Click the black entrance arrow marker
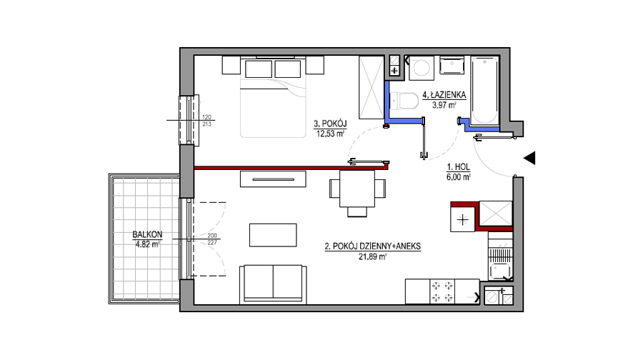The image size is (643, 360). pyautogui.click(x=529, y=158)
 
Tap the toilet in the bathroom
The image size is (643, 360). pyautogui.click(x=402, y=101)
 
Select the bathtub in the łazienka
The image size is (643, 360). pyautogui.click(x=484, y=90)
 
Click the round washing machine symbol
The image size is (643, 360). pyautogui.click(x=421, y=68)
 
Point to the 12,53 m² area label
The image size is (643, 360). pyautogui.click(x=329, y=134)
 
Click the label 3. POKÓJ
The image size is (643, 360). pyautogui.click(x=330, y=124)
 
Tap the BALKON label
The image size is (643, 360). pyautogui.click(x=147, y=234)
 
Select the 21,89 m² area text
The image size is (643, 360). pyautogui.click(x=372, y=256)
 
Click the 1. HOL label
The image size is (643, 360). pyautogui.click(x=459, y=167)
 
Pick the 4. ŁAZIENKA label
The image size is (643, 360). pyautogui.click(x=444, y=95)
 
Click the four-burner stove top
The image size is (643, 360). pyautogui.click(x=442, y=291)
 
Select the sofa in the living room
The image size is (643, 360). pyautogui.click(x=273, y=284)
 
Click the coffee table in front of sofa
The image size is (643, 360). pyautogui.click(x=273, y=235)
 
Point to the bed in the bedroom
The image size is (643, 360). pyautogui.click(x=273, y=98)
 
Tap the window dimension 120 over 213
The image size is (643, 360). pyautogui.click(x=206, y=121)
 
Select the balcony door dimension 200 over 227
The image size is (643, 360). pyautogui.click(x=212, y=239)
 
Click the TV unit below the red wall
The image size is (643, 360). pyautogui.click(x=273, y=179)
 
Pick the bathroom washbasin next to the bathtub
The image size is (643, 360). pyautogui.click(x=452, y=66)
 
